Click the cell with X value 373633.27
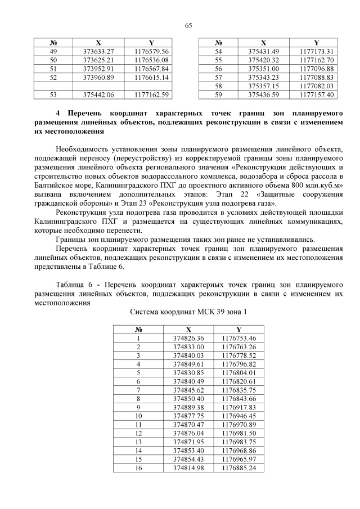[98, 51]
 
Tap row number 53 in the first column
[54, 94]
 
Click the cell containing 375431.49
[264, 51]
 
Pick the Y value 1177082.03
[317, 85]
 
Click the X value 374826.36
[188, 338]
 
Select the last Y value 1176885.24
[239, 467]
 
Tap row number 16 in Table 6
[138, 467]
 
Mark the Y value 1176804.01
[239, 372]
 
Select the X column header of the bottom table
[188, 330]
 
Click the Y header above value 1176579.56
[151, 43]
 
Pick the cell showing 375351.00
[264, 68]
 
